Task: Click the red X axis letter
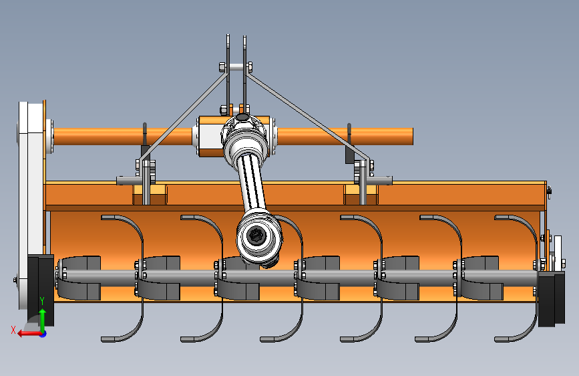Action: coord(13,330)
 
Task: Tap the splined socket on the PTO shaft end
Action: coord(255,235)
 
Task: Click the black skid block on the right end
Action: coord(552,298)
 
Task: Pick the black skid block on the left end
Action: coord(41,290)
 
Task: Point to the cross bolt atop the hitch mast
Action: coord(236,67)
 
